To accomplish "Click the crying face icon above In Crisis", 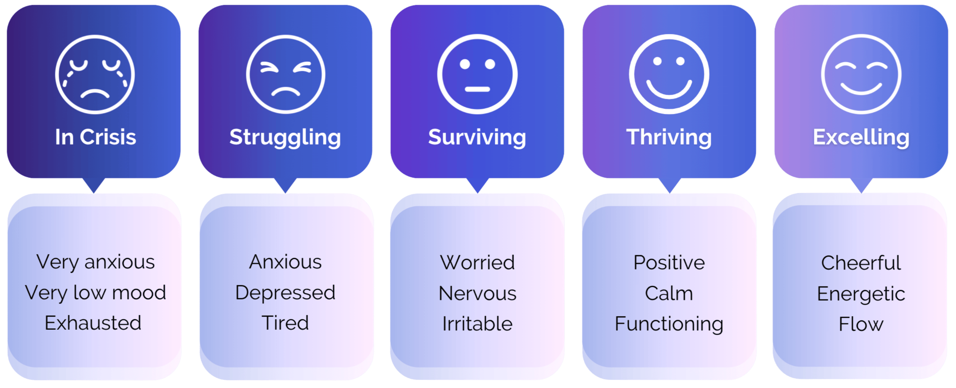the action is tap(95, 74).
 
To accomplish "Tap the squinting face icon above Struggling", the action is tap(286, 74).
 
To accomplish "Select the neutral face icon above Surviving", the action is tap(477, 74).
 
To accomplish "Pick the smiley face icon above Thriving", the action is tap(669, 74).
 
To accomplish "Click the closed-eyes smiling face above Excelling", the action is tap(861, 74).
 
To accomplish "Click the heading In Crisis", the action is tap(96, 137).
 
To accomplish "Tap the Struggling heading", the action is tap(285, 137).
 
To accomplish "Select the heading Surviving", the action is tap(477, 137).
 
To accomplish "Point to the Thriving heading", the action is tap(669, 137).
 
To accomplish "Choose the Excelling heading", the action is tap(861, 137).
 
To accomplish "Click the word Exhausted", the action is tap(93, 323).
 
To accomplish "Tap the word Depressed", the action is tap(285, 293).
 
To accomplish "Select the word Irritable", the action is tap(477, 324).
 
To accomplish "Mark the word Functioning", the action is tap(669, 324).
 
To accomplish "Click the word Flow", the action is tap(861, 324).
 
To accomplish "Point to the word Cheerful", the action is tap(861, 263).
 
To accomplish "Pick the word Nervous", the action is tap(477, 294).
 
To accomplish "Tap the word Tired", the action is tap(285, 323).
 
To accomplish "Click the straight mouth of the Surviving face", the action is tap(477, 89).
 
